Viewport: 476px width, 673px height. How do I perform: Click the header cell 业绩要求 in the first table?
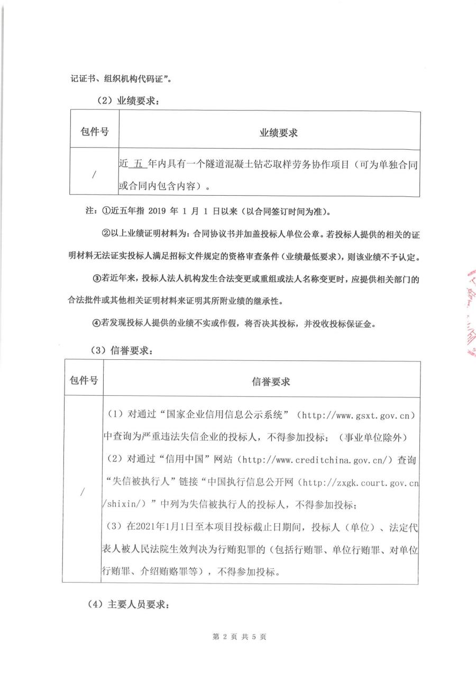point(278,133)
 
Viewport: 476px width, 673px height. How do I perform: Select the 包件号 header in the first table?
point(95,132)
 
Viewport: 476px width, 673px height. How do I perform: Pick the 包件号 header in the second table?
point(84,380)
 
